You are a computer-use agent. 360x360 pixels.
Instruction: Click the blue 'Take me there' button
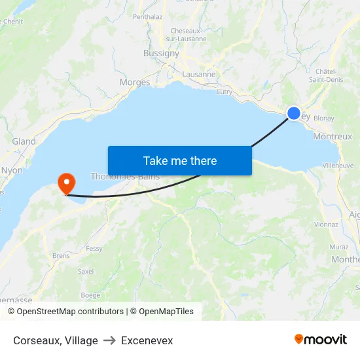[180, 160]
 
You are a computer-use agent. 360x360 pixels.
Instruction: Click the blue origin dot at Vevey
[294, 113]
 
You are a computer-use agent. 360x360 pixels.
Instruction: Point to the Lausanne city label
[199, 74]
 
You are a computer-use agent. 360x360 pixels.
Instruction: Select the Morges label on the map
[135, 82]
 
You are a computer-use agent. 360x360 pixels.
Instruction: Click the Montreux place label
[333, 137]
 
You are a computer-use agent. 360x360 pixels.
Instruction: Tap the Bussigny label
[161, 54]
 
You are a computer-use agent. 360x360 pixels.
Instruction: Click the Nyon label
[12, 170]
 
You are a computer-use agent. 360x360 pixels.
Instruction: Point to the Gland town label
[24, 141]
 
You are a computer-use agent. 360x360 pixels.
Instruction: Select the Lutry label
[225, 92]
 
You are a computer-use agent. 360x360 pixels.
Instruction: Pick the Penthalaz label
[147, 17]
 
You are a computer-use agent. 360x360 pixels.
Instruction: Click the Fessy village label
[94, 249]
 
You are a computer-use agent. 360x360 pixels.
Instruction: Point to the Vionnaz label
[326, 224]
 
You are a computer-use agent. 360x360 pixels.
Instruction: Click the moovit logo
[320, 340]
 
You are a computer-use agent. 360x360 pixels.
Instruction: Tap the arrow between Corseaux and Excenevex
[109, 340]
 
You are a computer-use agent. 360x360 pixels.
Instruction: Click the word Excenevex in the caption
[147, 340]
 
